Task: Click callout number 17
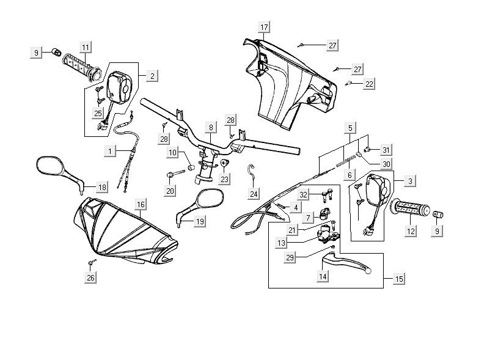263,28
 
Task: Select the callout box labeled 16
140,204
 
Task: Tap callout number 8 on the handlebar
211,128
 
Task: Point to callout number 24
254,194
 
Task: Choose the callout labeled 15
399,279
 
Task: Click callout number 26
90,278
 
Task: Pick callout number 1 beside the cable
110,150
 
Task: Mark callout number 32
304,194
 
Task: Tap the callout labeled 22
370,84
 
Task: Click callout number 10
173,152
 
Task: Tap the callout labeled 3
410,181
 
